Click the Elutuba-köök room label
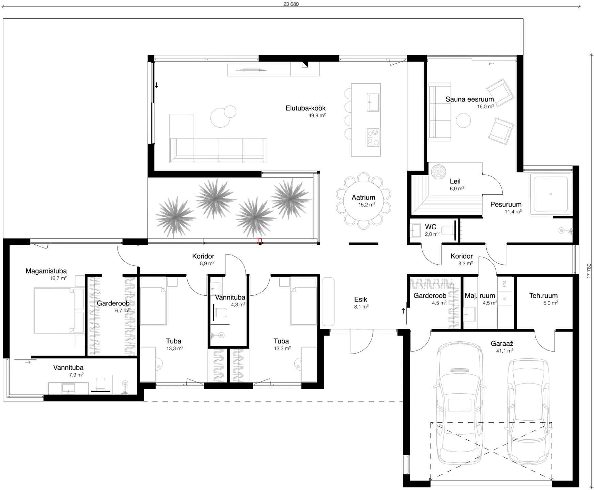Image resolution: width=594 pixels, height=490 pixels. (x=306, y=108)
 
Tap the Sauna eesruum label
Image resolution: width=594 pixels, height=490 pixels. (x=470, y=99)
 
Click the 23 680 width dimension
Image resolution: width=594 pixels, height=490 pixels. (x=291, y=4)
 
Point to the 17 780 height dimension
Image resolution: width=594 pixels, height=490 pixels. (x=589, y=271)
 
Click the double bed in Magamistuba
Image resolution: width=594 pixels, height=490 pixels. (x=59, y=311)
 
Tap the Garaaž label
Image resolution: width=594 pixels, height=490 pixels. (x=502, y=344)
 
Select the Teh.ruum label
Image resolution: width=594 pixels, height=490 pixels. (x=543, y=296)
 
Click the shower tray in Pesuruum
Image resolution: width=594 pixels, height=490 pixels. (x=551, y=194)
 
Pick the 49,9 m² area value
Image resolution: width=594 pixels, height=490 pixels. (x=317, y=115)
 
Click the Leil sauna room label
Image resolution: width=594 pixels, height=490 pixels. (x=455, y=181)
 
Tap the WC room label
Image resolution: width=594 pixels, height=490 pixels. (x=431, y=227)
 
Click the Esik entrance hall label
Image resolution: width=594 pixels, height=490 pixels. (x=361, y=299)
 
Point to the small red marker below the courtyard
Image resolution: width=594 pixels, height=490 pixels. (x=260, y=241)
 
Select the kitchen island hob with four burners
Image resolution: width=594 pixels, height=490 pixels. (x=373, y=137)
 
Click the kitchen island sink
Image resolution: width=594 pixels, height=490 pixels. (x=373, y=102)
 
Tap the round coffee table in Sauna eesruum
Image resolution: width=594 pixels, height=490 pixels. (x=464, y=120)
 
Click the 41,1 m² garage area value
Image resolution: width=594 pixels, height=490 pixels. (x=505, y=351)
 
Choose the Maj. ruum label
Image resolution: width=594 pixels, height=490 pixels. (x=480, y=296)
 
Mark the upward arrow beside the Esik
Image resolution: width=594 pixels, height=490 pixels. (x=403, y=311)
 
